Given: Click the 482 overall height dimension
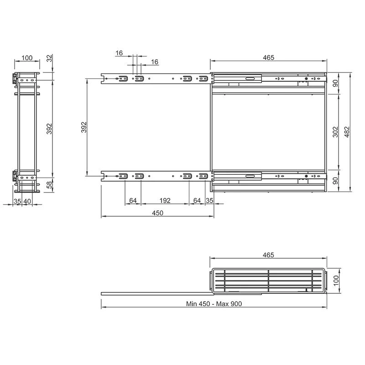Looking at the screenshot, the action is click(x=347, y=132).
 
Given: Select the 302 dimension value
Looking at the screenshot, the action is click(x=335, y=132).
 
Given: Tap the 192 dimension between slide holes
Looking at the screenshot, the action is click(x=165, y=200).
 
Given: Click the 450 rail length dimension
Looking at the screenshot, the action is click(x=157, y=213).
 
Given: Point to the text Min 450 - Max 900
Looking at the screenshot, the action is click(x=214, y=304).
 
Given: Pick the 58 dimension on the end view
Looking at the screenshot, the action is click(x=49, y=185).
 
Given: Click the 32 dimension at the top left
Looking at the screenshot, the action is click(x=49, y=58).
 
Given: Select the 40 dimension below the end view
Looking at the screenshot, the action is click(x=27, y=201).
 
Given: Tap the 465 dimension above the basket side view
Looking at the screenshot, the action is click(x=268, y=255).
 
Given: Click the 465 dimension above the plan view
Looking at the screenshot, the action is click(x=269, y=57).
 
